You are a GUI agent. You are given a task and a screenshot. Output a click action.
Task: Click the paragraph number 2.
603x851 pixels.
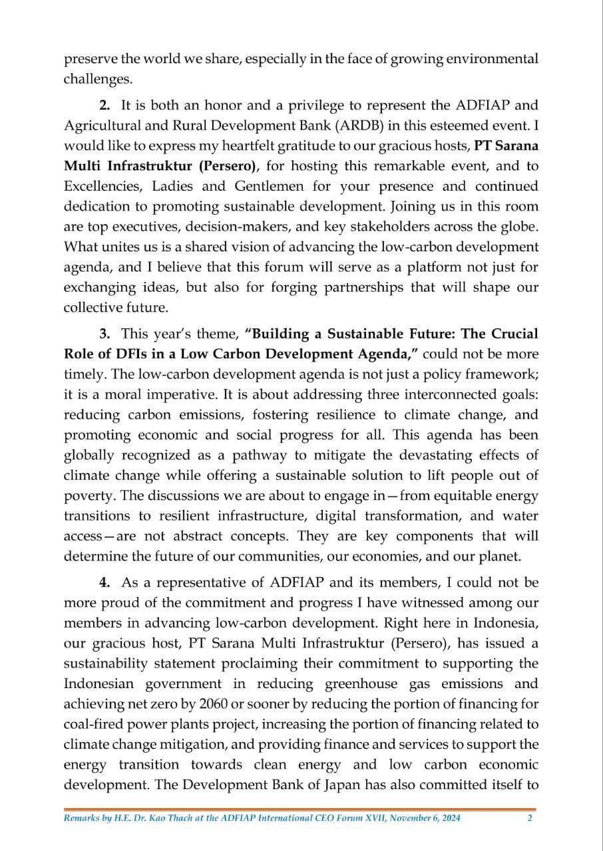coord(104,105)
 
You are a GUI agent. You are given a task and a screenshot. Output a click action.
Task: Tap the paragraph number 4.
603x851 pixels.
coord(104,582)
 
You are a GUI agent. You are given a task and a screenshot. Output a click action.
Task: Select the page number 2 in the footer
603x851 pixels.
coord(530,818)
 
